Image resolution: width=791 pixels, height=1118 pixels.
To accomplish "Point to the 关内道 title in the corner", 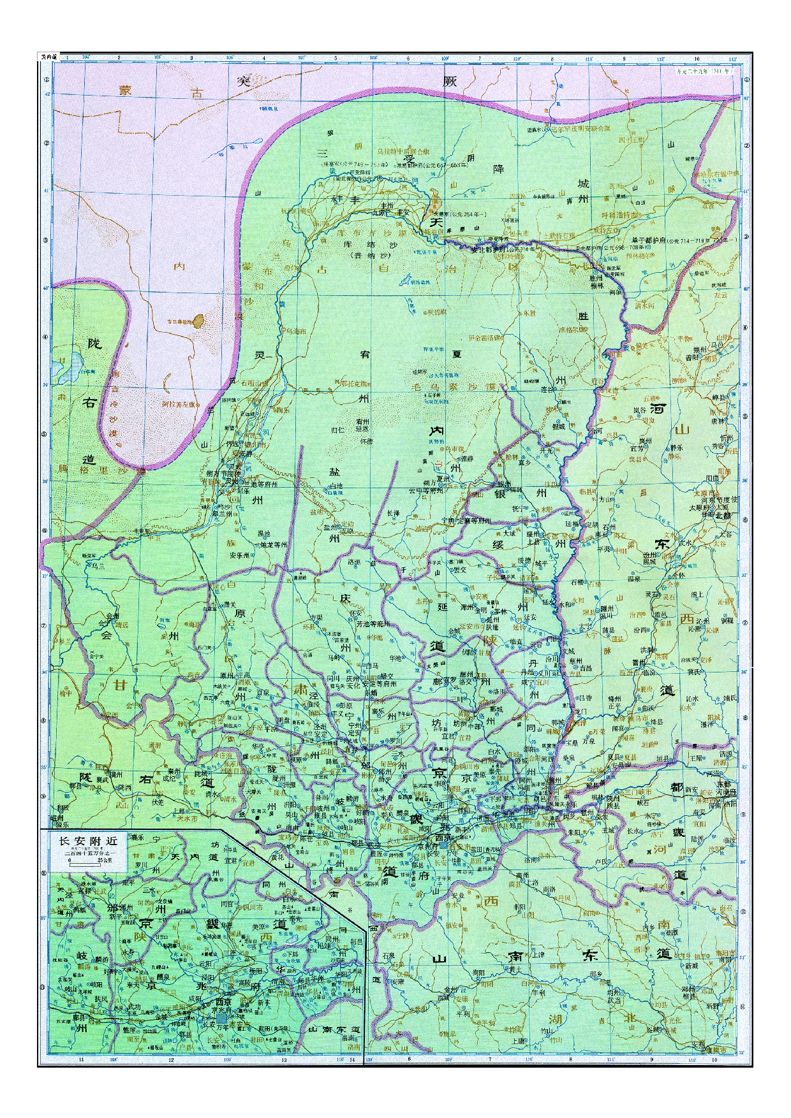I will coord(48,57).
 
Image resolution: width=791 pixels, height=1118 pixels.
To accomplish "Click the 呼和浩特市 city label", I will coord(622,215).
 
